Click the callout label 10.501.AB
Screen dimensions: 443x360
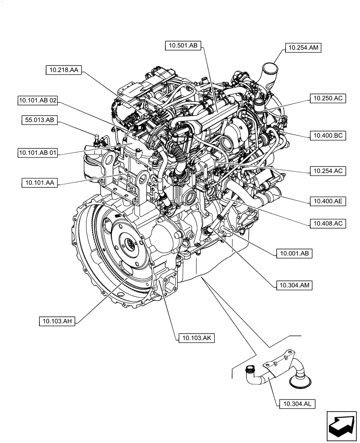184,45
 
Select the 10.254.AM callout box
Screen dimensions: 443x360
303,48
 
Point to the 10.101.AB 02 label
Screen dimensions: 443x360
38,101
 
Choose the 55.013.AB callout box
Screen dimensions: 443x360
39,120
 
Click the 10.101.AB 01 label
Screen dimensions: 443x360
38,153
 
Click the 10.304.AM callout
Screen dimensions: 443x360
293,285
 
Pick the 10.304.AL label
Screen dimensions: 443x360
297,403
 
